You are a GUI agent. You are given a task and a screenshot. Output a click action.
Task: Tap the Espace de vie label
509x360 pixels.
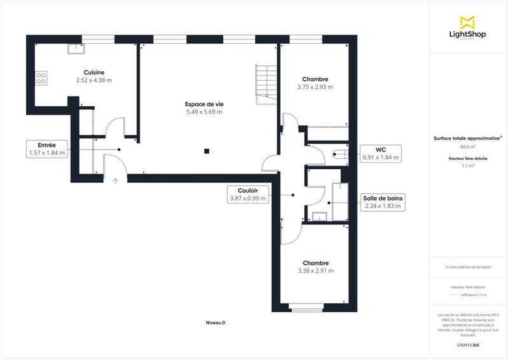tap(204, 104)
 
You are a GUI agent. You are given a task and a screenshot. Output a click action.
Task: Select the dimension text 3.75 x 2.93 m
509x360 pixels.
tap(316, 87)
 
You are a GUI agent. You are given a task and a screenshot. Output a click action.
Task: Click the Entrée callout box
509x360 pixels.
tap(46, 149)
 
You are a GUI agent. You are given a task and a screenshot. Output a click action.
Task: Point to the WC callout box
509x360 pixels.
tap(380, 153)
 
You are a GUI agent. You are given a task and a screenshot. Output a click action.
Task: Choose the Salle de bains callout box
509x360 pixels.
tap(382, 202)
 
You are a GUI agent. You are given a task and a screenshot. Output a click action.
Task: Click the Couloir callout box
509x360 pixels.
tap(248, 194)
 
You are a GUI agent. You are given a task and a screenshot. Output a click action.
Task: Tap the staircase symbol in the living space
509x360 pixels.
tap(265, 83)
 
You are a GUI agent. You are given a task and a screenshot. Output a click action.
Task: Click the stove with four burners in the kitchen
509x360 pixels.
tap(41, 78)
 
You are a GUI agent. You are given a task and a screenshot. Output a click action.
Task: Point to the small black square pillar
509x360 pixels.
tap(206, 151)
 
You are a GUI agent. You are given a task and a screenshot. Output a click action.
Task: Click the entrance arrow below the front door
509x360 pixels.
tap(115, 181)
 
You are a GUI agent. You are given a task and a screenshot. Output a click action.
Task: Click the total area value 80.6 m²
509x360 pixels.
tap(468, 146)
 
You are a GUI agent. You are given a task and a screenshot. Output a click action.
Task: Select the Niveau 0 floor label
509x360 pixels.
tap(215, 323)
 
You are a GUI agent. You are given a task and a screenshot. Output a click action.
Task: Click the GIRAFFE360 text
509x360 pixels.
tap(468, 344)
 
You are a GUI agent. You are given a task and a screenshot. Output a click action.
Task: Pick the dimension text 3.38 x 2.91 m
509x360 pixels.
tap(316, 271)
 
